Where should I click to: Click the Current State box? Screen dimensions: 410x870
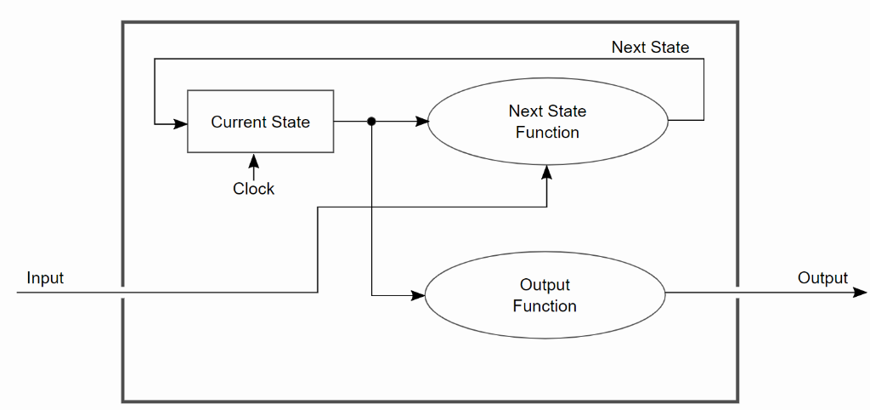click(x=260, y=122)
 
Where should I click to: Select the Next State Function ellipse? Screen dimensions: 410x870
click(x=547, y=122)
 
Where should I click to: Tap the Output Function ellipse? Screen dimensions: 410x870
click(x=545, y=295)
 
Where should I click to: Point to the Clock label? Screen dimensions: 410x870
click(x=253, y=189)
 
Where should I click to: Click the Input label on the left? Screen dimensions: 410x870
click(x=45, y=278)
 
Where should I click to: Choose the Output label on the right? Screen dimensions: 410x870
click(x=822, y=278)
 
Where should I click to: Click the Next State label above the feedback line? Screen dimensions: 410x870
click(x=650, y=48)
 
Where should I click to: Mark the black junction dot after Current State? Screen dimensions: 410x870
click(x=371, y=122)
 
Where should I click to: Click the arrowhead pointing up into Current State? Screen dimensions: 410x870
click(x=253, y=160)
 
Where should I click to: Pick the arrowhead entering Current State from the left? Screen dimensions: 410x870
click(x=180, y=124)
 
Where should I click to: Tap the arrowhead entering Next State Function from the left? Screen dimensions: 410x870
click(x=421, y=122)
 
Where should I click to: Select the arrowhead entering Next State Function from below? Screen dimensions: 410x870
click(x=547, y=172)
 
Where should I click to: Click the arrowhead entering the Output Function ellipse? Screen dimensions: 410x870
click(x=418, y=295)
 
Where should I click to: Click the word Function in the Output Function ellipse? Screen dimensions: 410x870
click(x=545, y=306)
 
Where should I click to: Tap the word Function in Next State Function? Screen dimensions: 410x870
click(x=547, y=133)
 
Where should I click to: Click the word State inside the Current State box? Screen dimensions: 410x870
click(x=291, y=122)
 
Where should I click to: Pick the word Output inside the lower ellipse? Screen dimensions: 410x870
click(x=545, y=285)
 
